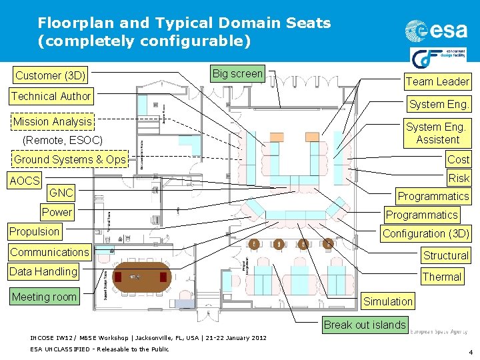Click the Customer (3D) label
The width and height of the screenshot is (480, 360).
pos(51,75)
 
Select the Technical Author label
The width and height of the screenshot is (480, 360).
pos(51,96)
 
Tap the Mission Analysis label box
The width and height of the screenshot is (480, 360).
pos(53,121)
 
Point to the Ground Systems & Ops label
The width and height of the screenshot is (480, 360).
pos(70,159)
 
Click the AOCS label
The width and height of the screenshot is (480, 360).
pos(25,180)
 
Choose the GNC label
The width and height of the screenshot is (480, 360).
pos(61,193)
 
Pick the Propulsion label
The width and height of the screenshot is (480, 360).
pos(34,231)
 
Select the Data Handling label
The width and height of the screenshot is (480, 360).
pos(43,271)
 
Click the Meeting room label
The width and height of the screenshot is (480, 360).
pos(44,297)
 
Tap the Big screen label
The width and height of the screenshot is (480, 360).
pos(237,73)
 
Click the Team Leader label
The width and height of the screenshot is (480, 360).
pos(437,81)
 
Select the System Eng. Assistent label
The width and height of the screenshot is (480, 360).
pos(437,133)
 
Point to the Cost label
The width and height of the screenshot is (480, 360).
pos(458,159)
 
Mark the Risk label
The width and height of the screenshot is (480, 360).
pos(459,178)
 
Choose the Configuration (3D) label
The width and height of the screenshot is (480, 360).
pos(425,233)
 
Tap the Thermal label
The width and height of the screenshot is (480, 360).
pos(441,277)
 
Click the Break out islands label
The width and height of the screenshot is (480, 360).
pos(364,325)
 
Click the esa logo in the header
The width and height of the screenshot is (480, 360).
pos(437,31)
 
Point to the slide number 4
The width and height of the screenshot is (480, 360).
pos(470,351)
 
